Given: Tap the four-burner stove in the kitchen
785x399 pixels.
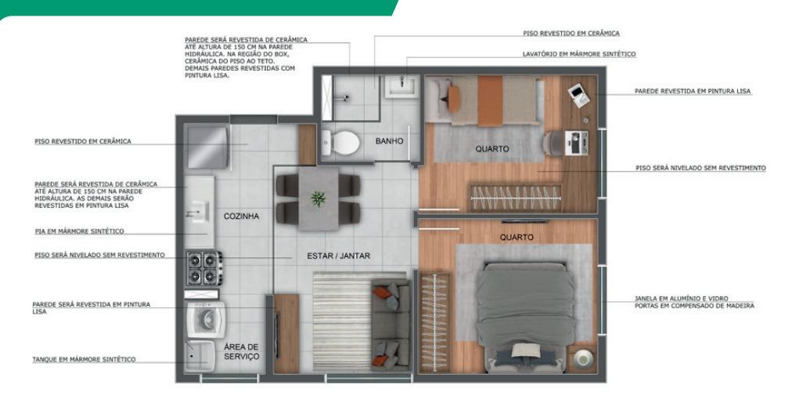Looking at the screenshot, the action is click(204, 268).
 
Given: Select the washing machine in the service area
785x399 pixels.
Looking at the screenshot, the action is click(206, 320).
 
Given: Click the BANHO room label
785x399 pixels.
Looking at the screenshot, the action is click(389, 141).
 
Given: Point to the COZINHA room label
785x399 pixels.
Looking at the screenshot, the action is click(241, 216).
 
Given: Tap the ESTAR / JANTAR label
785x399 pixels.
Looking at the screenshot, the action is click(338, 256).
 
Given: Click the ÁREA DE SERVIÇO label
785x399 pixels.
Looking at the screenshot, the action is click(241, 351).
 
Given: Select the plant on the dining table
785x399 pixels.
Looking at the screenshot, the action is click(318, 198).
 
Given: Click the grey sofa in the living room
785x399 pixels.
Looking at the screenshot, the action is click(391, 325).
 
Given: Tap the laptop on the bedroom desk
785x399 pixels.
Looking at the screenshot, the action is click(578, 95).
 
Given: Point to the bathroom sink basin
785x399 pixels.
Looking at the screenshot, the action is click(402, 87).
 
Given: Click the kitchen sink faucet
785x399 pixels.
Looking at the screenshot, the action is click(193, 213).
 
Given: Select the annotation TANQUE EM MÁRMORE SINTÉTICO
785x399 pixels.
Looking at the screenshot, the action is click(84, 359).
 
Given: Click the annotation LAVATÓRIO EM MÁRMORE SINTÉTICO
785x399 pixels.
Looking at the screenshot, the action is click(579, 54).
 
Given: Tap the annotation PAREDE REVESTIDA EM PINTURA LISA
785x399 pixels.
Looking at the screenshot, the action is click(693, 91).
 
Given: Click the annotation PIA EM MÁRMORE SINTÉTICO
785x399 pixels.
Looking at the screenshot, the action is click(79, 231).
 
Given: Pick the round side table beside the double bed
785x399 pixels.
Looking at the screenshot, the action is click(583, 358).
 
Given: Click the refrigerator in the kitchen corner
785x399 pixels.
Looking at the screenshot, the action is click(207, 147).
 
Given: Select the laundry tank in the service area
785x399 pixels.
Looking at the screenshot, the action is click(200, 356).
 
